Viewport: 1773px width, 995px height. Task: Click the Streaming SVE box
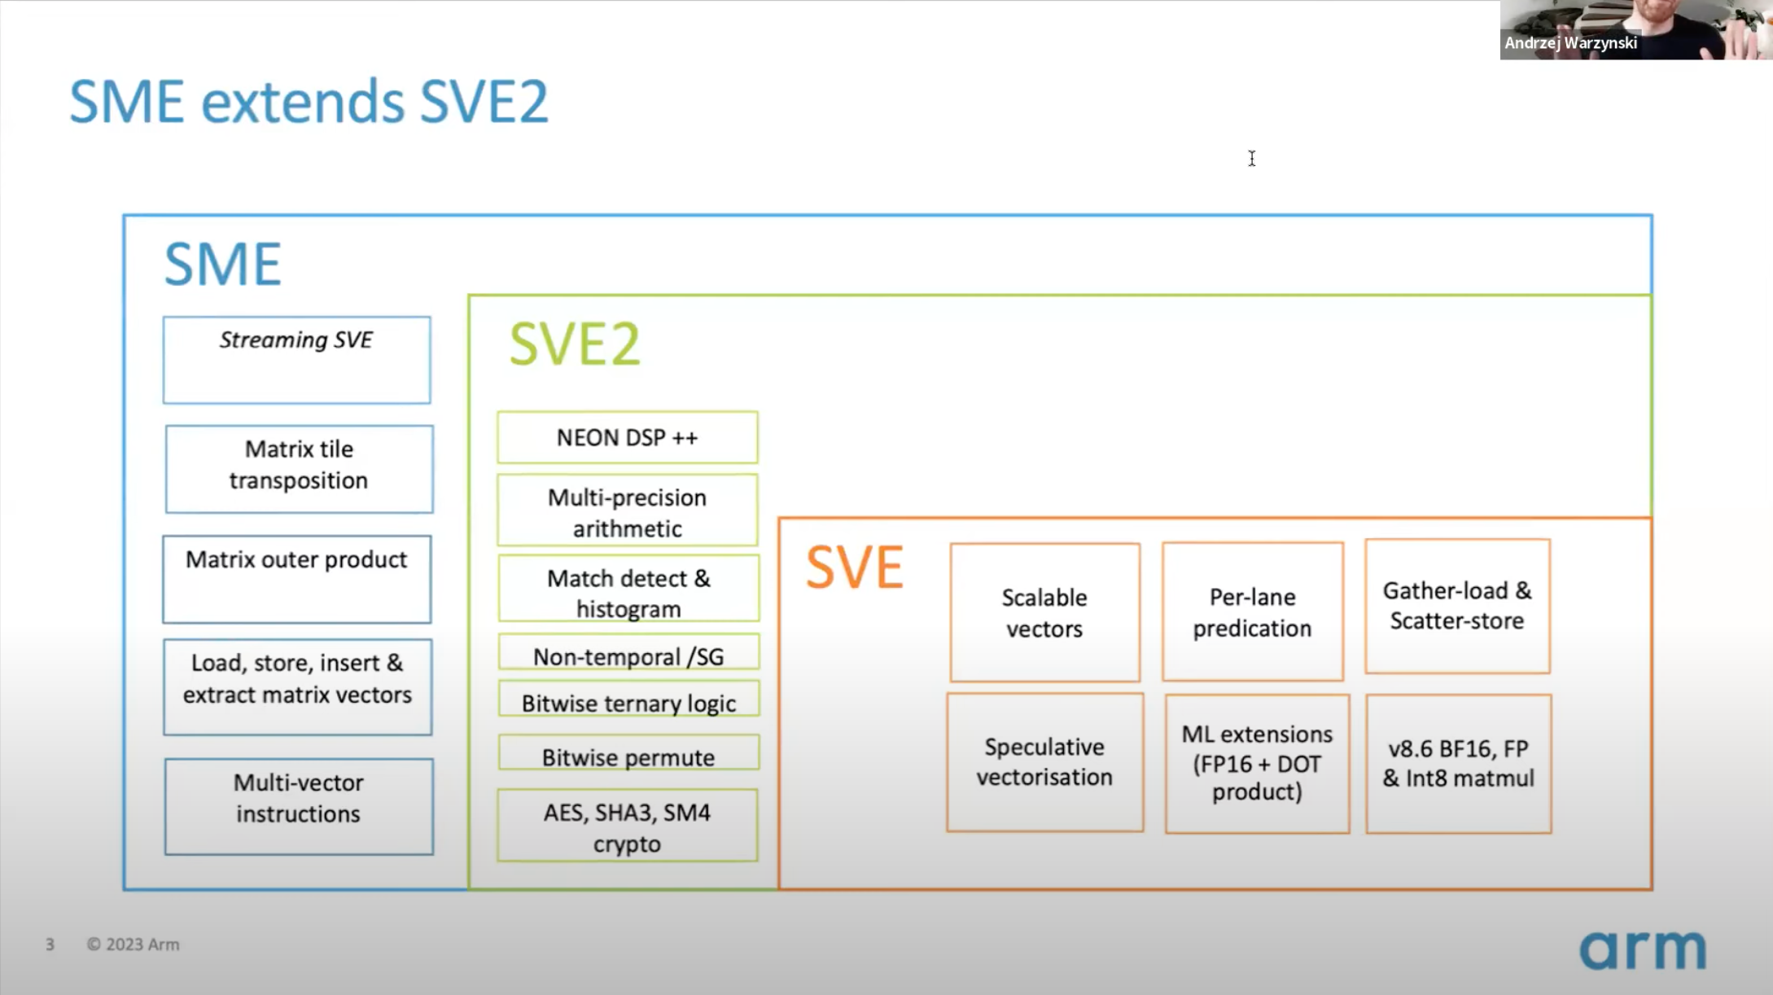click(x=296, y=359)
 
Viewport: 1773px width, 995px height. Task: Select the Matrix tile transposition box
click(x=299, y=468)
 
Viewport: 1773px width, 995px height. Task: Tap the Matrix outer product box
click(x=296, y=578)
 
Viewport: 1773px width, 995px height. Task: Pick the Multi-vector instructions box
click(x=299, y=805)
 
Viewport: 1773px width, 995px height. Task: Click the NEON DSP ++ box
click(x=627, y=437)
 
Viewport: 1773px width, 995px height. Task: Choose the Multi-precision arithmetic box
click(x=627, y=511)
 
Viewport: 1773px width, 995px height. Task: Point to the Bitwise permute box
click(x=628, y=756)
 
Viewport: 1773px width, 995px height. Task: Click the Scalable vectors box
click(x=1044, y=611)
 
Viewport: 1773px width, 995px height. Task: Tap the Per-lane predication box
click(x=1252, y=611)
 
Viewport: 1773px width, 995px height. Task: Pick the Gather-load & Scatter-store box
click(x=1457, y=605)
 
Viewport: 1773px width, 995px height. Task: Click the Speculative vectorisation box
click(x=1044, y=761)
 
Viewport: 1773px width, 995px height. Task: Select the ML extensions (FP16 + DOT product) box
click(x=1257, y=763)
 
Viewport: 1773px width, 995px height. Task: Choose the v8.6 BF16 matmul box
click(x=1458, y=763)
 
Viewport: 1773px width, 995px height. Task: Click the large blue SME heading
click(x=222, y=264)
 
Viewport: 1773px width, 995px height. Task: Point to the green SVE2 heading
click(x=575, y=344)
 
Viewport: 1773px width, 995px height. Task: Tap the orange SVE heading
click(x=854, y=567)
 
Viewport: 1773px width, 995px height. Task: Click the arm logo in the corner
click(x=1642, y=949)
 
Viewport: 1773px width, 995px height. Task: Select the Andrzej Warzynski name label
click(x=1570, y=43)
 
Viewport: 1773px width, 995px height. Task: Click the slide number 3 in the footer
click(x=50, y=945)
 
